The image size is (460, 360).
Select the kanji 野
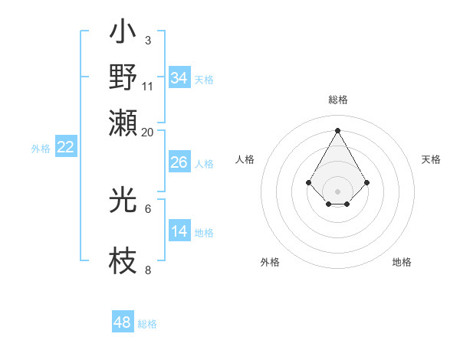point(123,77)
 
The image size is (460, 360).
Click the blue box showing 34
point(179,77)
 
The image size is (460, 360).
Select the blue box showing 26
point(179,162)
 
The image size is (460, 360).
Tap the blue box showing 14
point(179,231)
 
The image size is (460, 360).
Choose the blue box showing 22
point(65,148)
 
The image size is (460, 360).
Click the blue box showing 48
point(122,322)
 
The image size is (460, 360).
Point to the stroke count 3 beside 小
point(147,40)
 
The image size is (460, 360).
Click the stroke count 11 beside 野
point(148,86)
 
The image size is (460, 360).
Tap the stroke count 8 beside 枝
point(147,270)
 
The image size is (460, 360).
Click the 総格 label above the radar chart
point(337,100)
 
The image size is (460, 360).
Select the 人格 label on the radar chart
point(245,159)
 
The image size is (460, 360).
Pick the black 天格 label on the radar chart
point(431,159)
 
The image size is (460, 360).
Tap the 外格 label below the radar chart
point(270,262)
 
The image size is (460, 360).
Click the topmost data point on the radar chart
point(337,130)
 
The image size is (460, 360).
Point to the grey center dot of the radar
point(337,191)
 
